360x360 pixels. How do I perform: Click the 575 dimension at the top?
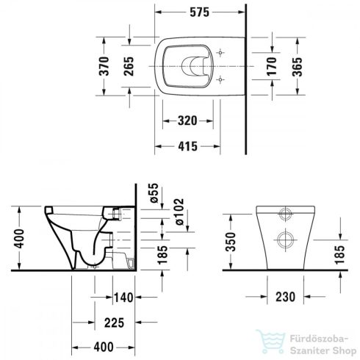[x=197, y=12]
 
